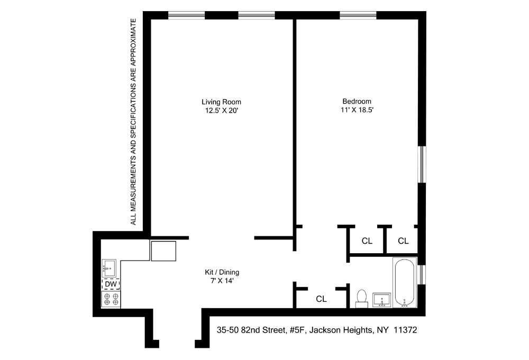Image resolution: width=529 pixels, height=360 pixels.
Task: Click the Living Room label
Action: (222, 101)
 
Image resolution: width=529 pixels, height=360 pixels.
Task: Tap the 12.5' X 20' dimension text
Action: (222, 110)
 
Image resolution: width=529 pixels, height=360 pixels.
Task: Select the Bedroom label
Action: (357, 101)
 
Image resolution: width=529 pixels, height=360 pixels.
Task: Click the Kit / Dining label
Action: (222, 272)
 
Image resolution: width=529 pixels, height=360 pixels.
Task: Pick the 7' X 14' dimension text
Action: (222, 281)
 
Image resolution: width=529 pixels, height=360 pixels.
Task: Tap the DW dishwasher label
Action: (111, 284)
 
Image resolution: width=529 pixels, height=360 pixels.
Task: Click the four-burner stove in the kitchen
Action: (111, 300)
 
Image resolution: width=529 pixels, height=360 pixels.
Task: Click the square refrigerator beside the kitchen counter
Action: (163, 251)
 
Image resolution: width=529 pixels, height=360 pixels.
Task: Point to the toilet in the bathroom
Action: (362, 298)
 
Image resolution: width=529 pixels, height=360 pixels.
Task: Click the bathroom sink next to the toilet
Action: (382, 300)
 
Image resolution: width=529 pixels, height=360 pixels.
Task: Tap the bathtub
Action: (405, 283)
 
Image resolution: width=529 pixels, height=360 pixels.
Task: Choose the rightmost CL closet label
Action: (403, 241)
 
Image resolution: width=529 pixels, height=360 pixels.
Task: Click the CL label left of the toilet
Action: (321, 299)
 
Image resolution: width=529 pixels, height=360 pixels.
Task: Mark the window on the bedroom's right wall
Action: (422, 164)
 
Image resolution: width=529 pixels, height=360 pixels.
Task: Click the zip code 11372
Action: (405, 330)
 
